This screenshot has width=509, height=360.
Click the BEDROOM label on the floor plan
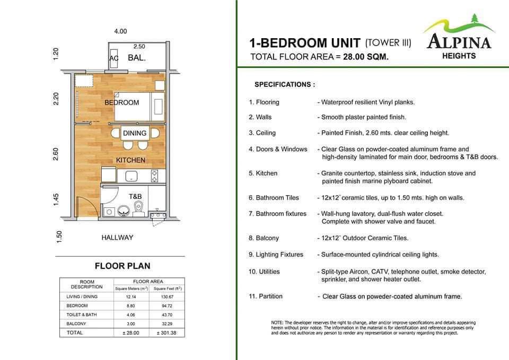click(121, 102)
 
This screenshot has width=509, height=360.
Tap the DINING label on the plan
click(134, 134)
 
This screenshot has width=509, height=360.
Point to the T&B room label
click(135, 196)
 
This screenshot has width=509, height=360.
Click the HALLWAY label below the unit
click(117, 238)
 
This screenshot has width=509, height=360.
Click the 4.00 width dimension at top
click(120, 31)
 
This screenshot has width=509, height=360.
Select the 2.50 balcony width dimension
click(139, 47)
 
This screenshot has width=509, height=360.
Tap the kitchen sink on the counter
click(130, 175)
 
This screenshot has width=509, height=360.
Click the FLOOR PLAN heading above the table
click(122, 266)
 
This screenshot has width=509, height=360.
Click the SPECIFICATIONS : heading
click(285, 84)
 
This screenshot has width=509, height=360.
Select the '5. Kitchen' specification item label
click(263, 173)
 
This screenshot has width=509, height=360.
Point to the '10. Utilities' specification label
click(264, 271)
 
